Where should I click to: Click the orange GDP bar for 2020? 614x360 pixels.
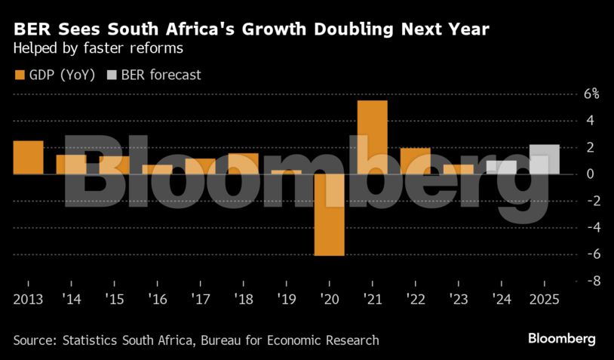click(329, 215)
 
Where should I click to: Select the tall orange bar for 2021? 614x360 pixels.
click(372, 137)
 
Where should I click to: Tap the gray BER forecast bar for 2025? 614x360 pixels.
click(545, 159)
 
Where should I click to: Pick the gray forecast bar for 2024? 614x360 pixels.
click(502, 167)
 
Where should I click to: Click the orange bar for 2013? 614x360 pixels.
click(28, 157)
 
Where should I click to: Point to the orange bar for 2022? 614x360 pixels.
click(415, 161)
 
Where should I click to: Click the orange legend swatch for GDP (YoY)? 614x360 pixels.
click(20, 75)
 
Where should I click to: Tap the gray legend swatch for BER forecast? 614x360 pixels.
click(112, 75)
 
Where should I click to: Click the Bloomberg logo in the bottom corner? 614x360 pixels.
click(561, 339)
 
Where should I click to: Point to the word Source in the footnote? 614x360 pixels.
click(35, 340)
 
